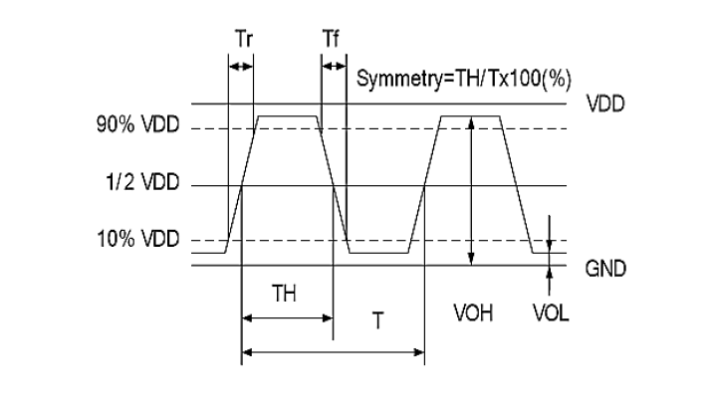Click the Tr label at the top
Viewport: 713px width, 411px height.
coord(242,39)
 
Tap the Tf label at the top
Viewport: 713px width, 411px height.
coord(332,39)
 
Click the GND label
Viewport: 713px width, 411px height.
coord(606,269)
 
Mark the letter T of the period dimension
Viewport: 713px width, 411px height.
coord(376,323)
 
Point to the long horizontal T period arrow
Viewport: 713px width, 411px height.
coord(333,350)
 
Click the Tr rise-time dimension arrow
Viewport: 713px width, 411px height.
coord(241,67)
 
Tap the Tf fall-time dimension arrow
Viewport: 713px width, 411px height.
coord(333,67)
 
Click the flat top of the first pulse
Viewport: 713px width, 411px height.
coord(289,116)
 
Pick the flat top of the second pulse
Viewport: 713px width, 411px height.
coord(471,116)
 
